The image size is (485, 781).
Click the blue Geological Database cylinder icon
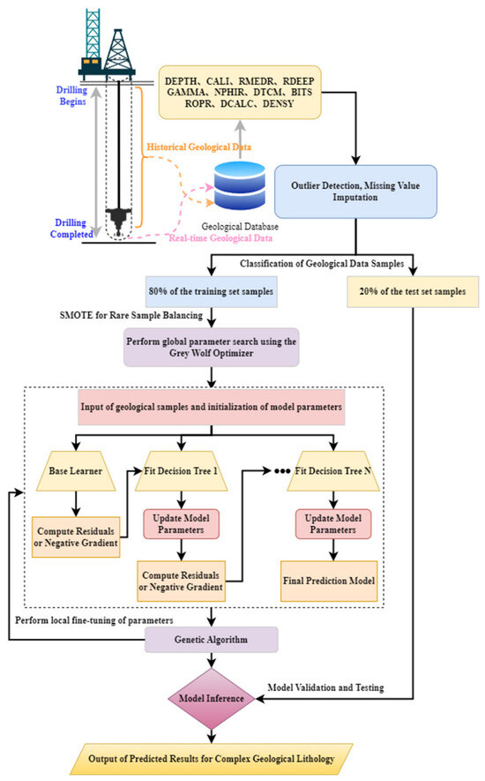240,185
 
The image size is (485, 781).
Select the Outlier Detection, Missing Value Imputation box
355,191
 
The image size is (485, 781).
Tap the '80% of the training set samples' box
211,292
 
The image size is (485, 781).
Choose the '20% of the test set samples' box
413,292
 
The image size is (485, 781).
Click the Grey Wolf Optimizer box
211,347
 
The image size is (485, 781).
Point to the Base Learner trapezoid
76,471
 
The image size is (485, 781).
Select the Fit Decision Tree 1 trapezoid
182,471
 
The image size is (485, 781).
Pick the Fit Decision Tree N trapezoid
333,471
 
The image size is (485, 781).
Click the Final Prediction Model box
329,581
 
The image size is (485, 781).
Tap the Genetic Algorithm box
211,640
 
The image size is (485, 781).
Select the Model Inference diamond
212,699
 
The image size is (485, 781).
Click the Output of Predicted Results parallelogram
211,759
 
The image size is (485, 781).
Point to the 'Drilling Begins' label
72,95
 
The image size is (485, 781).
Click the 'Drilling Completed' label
71,229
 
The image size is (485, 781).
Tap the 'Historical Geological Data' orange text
198,147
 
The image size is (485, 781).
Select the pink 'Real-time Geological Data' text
220,238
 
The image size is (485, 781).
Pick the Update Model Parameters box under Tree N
333,524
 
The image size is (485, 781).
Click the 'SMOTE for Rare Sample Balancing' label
131,315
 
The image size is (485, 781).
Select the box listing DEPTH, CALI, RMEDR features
240,92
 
